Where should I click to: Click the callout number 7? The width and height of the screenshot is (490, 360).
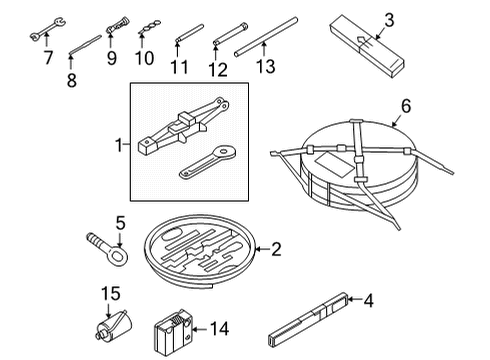[x=49, y=58]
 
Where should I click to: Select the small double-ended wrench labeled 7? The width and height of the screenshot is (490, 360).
[x=48, y=29]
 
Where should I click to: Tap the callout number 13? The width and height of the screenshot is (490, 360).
[x=266, y=66]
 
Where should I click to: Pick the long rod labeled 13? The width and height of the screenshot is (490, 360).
[x=266, y=37]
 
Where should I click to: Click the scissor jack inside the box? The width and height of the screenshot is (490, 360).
[x=183, y=126]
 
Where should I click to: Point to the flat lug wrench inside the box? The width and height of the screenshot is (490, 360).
[x=207, y=162]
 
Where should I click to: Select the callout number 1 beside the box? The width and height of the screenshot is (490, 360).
[x=119, y=145]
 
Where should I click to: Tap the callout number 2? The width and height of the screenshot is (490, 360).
[x=276, y=249]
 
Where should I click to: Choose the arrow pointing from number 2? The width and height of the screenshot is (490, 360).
[x=262, y=249]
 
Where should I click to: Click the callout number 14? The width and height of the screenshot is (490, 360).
[x=220, y=329]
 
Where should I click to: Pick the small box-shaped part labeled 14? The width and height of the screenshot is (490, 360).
[x=173, y=332]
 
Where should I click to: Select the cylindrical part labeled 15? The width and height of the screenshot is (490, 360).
[x=113, y=326]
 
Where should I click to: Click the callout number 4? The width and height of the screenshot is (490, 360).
[x=368, y=300]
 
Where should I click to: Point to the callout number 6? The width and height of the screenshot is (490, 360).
[x=406, y=106]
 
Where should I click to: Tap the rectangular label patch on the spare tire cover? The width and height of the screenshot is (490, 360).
[x=334, y=165]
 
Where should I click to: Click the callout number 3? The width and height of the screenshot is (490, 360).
[x=389, y=20]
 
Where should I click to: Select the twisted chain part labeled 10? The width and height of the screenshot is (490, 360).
[x=149, y=27]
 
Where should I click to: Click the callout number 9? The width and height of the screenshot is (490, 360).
[x=112, y=58]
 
